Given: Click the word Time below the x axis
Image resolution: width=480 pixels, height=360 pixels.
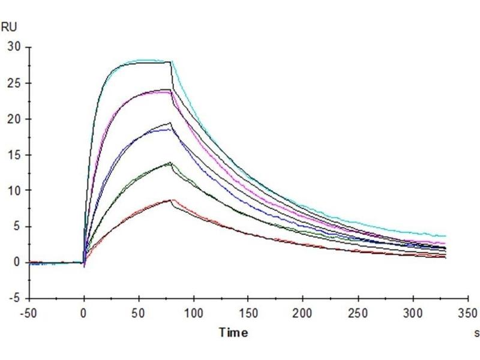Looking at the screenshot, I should [x=232, y=332].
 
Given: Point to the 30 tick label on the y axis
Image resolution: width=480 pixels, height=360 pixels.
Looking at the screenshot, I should [x=14, y=47].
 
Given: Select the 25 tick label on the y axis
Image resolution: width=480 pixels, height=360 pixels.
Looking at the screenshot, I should [x=14, y=83].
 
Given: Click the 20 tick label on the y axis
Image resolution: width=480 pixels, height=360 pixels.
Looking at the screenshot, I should [x=14, y=119].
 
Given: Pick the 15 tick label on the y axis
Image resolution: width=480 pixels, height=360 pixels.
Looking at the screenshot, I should [x=14, y=155].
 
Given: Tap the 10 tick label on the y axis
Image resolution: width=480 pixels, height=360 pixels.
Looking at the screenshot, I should [x=14, y=191].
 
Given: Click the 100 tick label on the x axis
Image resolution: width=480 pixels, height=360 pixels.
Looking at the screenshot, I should [x=193, y=313].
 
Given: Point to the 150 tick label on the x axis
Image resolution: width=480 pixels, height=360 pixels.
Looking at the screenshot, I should [x=248, y=313].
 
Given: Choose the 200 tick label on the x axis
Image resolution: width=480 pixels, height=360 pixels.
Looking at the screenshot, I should [x=303, y=313].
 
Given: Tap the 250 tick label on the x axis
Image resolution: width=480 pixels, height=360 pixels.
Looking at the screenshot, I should [x=358, y=313].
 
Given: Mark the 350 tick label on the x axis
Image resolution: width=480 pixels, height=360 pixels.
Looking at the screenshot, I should [x=468, y=313].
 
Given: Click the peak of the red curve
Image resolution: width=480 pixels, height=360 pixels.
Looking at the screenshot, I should [x=171, y=200].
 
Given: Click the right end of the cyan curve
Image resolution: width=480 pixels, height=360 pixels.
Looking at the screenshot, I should [x=446, y=236].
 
